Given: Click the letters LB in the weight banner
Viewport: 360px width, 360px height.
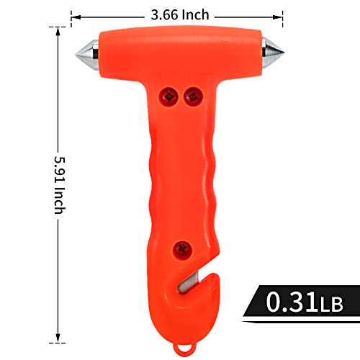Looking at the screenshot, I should [x=330, y=300].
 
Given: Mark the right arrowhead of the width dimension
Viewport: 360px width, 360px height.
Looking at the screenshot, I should [x=282, y=14].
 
